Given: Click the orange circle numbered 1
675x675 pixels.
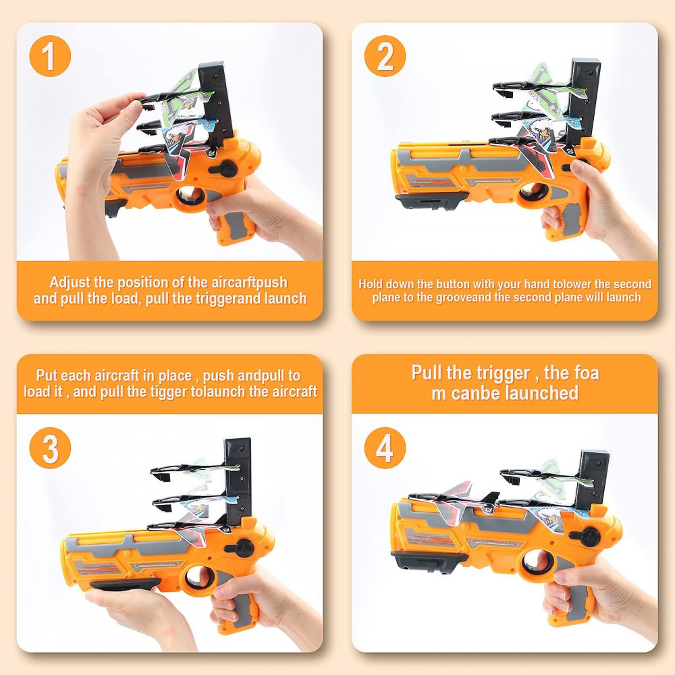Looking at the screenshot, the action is pyautogui.click(x=50, y=56).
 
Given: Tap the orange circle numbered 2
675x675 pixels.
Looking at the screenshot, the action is pyautogui.click(x=385, y=56).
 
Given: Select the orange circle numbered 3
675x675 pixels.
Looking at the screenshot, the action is pyautogui.click(x=50, y=448).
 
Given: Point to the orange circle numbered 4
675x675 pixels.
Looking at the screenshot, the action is pyautogui.click(x=385, y=448).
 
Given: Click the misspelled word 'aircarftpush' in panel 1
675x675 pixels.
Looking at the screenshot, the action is pyautogui.click(x=249, y=282).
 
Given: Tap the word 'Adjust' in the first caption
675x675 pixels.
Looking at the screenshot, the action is pyautogui.click(x=70, y=282).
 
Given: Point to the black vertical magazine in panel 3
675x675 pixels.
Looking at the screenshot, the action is pyautogui.click(x=238, y=481).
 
